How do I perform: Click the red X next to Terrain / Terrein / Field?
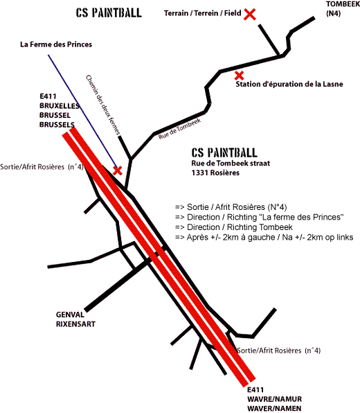[250, 15]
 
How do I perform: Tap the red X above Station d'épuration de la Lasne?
[239, 76]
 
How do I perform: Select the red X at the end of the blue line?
[118, 170]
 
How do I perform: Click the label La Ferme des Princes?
[56, 44]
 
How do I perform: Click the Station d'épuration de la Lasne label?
[289, 85]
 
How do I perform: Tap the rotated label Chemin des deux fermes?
[103, 105]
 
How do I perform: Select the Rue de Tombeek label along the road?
[179, 128]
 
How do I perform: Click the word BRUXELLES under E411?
[60, 105]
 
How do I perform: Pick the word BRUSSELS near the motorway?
[57, 125]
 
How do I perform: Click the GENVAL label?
[70, 315]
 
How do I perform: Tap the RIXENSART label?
[75, 324]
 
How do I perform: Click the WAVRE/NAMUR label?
[274, 399]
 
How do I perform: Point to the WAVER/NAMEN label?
[274, 409]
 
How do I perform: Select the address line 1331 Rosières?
[215, 173]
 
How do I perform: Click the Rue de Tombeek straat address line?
[231, 164]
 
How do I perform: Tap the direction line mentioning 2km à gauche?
[264, 237]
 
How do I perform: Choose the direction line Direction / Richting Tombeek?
[234, 227]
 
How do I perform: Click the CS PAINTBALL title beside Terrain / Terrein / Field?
[109, 12]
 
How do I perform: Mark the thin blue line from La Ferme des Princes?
[82, 111]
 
